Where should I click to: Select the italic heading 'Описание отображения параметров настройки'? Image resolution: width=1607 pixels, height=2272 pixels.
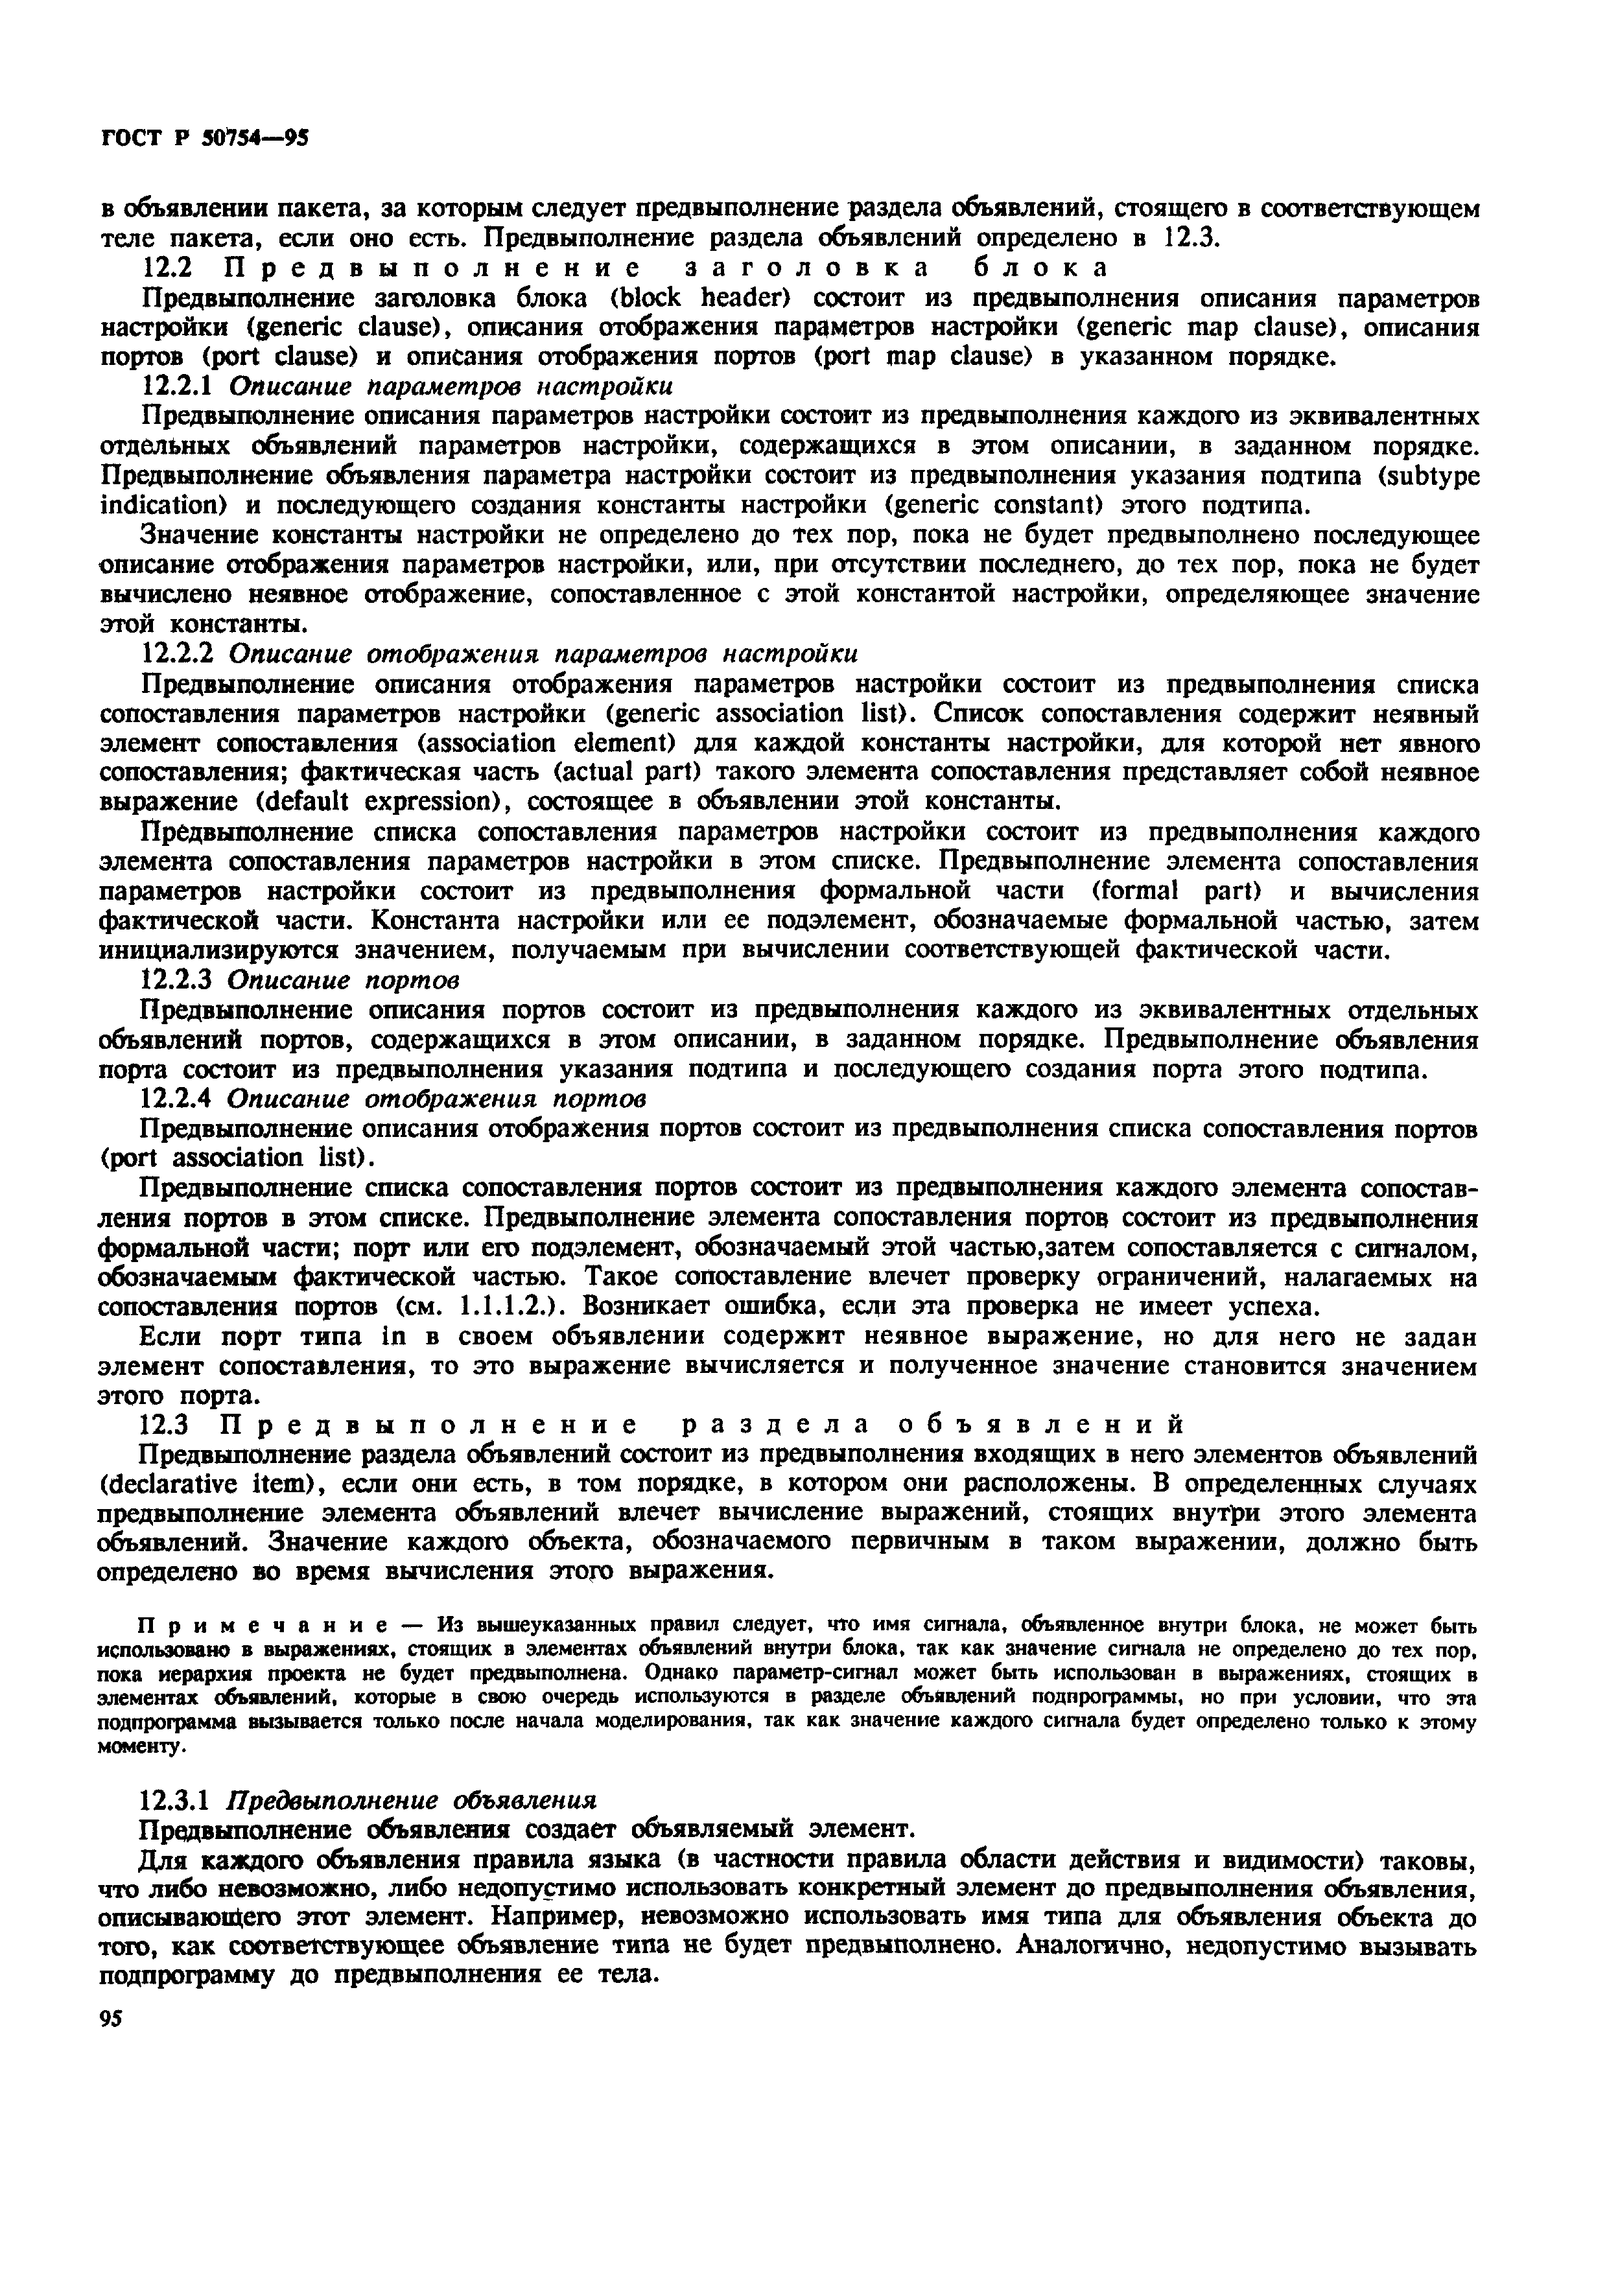(x=543, y=655)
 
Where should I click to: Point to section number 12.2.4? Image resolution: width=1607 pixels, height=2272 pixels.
(x=178, y=1099)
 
